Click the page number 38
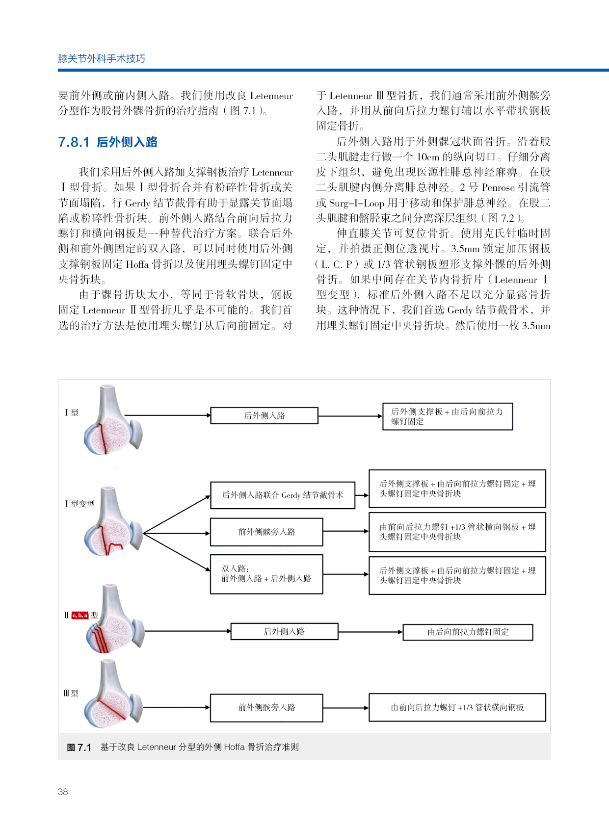63,791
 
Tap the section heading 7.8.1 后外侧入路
107,142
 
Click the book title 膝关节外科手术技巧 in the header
102,58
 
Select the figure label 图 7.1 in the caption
79,747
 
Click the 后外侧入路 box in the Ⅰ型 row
264,415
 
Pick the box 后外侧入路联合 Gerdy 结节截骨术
282,495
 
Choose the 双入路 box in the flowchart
266,574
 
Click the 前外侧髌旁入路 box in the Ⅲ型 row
266,707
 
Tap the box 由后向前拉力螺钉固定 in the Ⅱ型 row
467,632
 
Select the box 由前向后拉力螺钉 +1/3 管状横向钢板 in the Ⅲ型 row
457,707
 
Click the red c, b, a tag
79,615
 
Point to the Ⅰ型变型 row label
79,504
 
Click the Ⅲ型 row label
71,693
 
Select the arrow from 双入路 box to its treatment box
345,574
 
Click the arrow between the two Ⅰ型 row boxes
350,416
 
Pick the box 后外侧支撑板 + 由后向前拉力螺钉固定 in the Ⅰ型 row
447,416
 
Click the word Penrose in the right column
498,187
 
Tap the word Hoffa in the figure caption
234,747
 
